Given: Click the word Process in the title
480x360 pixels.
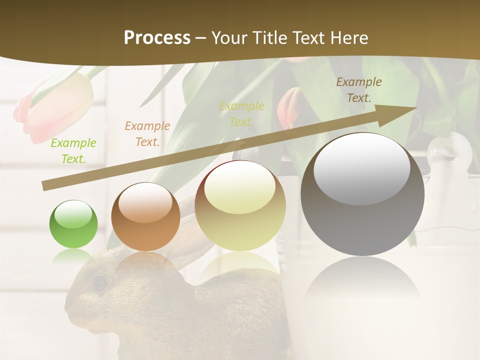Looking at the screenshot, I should pyautogui.click(x=157, y=37).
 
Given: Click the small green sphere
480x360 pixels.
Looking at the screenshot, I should pyautogui.click(x=73, y=224).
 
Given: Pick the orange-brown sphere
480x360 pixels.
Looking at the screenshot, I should pyautogui.click(x=145, y=216).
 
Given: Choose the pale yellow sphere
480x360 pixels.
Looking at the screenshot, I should pyautogui.click(x=240, y=205).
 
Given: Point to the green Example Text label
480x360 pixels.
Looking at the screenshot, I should pyautogui.click(x=73, y=150).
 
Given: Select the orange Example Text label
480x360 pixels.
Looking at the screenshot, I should pyautogui.click(x=147, y=133).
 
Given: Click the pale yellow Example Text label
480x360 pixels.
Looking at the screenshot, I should pyautogui.click(x=241, y=113).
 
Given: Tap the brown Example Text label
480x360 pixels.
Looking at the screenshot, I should pyautogui.click(x=358, y=89).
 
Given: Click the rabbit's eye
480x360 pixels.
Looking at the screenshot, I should pyautogui.click(x=99, y=282).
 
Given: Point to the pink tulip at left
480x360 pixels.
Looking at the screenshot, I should pyautogui.click(x=55, y=107).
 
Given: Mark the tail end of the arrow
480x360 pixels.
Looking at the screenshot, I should pyautogui.click(x=45, y=186).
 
